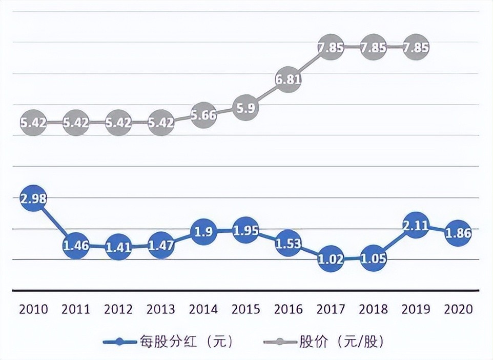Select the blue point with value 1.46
[76, 246]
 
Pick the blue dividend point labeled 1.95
[246, 230]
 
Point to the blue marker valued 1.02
[331, 260]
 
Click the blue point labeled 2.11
[416, 226]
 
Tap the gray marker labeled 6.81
[289, 79]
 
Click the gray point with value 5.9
[246, 108]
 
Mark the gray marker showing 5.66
[203, 115]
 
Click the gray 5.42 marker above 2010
[33, 123]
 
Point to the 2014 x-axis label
[203, 309]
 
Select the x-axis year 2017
[331, 309]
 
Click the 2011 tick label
[76, 309]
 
